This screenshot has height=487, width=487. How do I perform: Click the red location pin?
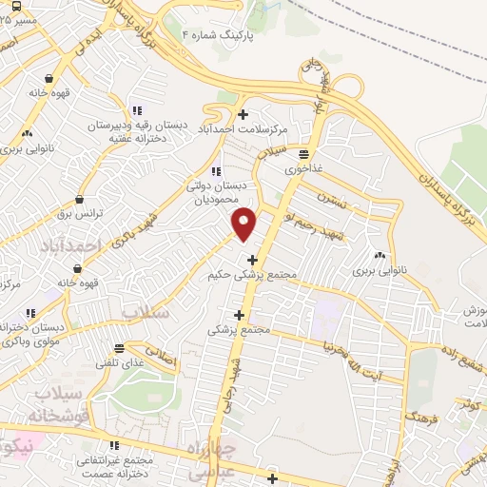[x=244, y=223]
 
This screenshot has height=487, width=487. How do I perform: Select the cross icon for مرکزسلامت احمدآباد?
[x=243, y=114]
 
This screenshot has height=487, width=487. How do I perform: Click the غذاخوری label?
[x=302, y=166]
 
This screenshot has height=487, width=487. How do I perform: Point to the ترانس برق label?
[x=78, y=213]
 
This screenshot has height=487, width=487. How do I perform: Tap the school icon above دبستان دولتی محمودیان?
[x=217, y=171]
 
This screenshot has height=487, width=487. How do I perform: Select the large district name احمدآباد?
[x=69, y=245]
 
